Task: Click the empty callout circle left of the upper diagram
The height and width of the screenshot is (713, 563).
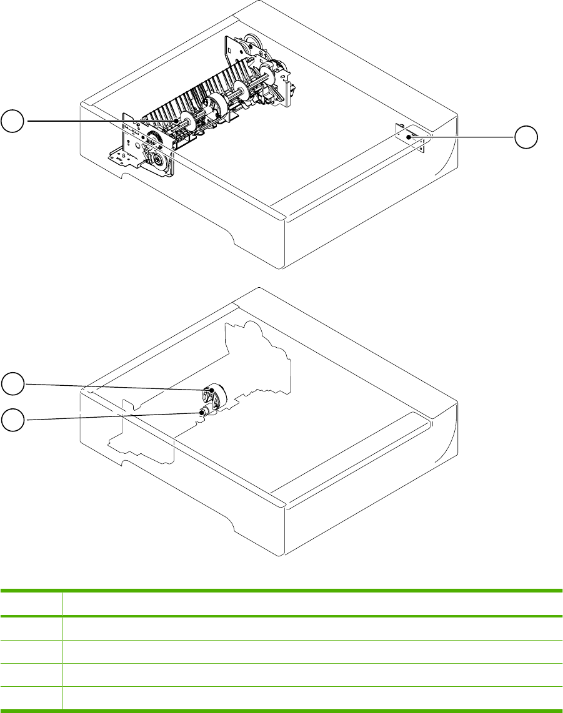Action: coord(12,120)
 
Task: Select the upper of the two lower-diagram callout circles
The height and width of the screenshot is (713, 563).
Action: coord(12,383)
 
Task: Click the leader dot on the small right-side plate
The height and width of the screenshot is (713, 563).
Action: coord(410,136)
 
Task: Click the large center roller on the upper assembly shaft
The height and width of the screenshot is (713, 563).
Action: coord(216,106)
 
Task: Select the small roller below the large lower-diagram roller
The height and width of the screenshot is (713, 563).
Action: coord(202,411)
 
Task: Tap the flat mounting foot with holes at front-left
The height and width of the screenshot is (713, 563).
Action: coord(122,159)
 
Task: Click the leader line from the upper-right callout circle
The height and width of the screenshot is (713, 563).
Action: coord(462,135)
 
